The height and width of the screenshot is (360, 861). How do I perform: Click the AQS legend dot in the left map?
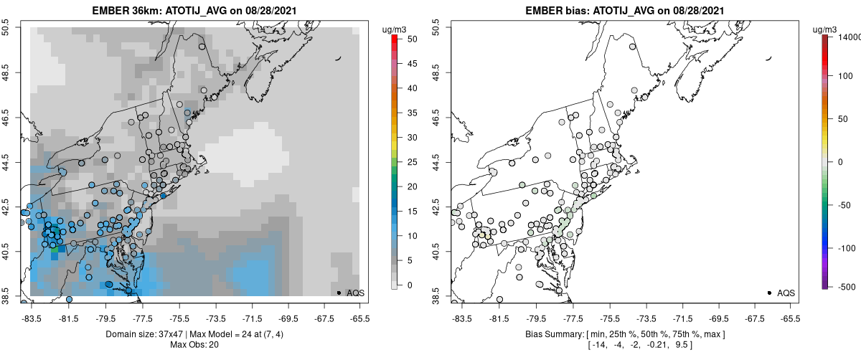coord(338,293)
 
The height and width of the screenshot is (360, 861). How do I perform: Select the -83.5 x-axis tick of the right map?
coord(460,318)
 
